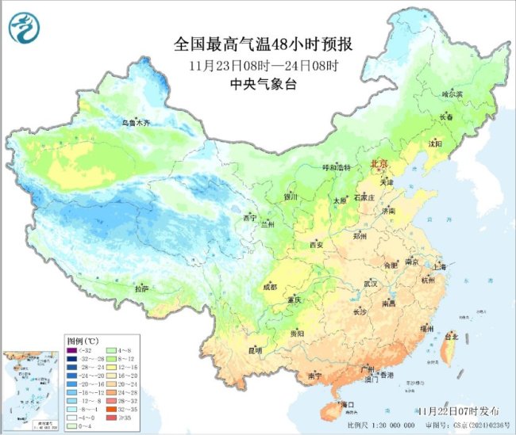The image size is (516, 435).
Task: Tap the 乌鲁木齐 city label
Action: (136, 123)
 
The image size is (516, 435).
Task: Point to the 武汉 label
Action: (370, 283)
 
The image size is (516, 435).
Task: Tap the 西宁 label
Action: (251, 218)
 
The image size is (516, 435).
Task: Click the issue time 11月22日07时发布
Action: (459, 411)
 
